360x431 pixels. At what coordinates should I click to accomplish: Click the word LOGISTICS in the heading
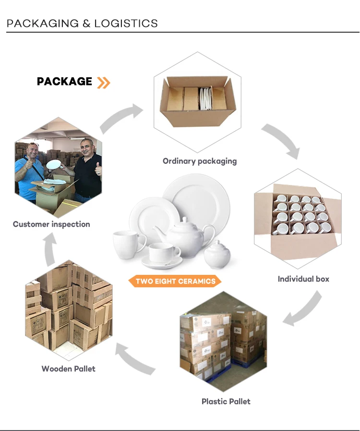tap(126, 24)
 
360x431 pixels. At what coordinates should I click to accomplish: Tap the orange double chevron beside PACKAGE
tap(104, 83)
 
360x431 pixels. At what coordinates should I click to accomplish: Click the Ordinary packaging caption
tap(200, 161)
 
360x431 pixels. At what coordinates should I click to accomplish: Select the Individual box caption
tap(303, 279)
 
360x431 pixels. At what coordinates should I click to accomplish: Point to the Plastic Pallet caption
tap(226, 402)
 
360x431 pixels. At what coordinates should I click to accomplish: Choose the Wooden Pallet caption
tap(68, 369)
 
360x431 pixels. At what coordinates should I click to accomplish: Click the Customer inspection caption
tap(51, 224)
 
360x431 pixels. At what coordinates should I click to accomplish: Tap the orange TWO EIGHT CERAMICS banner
tap(175, 281)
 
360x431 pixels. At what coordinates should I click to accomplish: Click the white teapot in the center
tap(183, 237)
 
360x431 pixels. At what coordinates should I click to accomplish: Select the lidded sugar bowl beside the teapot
tap(217, 254)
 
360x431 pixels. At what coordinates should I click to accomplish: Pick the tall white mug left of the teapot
tap(129, 245)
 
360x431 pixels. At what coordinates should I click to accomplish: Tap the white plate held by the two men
tap(54, 165)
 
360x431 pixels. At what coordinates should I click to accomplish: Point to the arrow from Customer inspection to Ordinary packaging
tap(121, 117)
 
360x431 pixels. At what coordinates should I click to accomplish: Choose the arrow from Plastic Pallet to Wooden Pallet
tap(134, 359)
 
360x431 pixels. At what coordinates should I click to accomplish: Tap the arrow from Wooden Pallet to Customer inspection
tap(50, 249)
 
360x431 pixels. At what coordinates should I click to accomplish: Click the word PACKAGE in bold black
tap(64, 81)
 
